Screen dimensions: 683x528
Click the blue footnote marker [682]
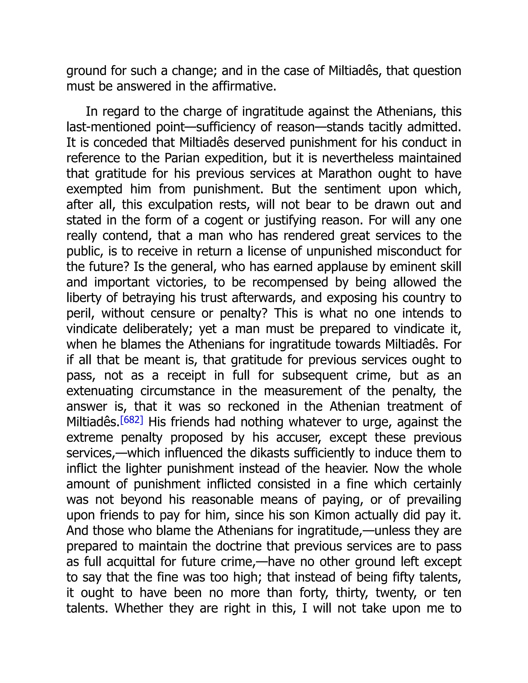point(132,420)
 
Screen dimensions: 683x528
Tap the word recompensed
point(290,282)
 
